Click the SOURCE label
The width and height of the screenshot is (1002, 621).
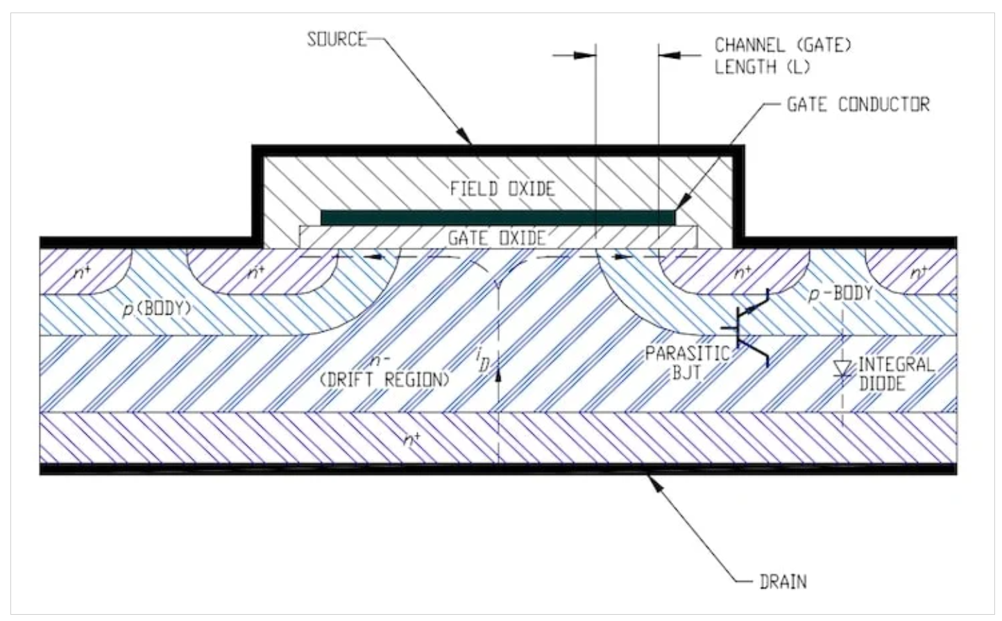(x=337, y=40)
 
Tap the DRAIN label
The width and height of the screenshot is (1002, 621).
(x=783, y=582)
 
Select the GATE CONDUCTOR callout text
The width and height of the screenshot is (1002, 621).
(x=858, y=104)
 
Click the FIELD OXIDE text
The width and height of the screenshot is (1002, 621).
(x=502, y=189)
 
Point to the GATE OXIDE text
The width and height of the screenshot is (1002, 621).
(x=497, y=238)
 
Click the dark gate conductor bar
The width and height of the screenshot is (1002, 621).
(x=498, y=217)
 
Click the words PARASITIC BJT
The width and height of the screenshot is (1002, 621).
(x=687, y=363)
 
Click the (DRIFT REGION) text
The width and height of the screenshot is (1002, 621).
(x=384, y=380)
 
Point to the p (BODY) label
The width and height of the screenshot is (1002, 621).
(x=157, y=309)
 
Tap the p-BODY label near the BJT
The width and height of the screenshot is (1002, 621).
(x=840, y=294)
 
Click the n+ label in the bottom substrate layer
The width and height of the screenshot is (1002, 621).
(x=412, y=440)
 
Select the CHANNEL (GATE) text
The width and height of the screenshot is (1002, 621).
(x=783, y=45)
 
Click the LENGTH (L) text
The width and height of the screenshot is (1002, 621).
(x=762, y=67)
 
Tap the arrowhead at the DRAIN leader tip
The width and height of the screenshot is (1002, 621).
(x=654, y=481)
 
